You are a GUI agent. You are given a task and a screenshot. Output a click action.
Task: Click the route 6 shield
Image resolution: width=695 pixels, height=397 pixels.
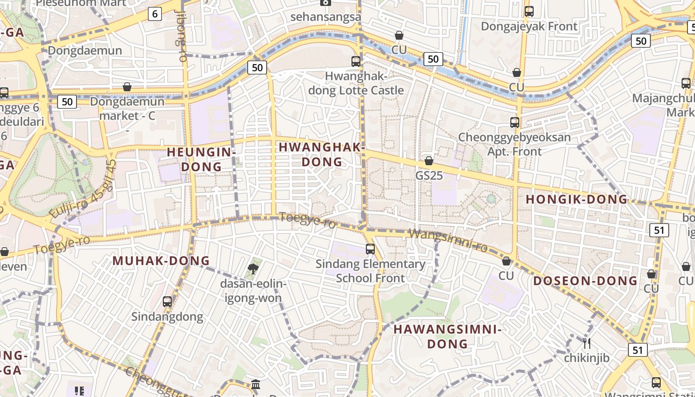[x=155, y=14]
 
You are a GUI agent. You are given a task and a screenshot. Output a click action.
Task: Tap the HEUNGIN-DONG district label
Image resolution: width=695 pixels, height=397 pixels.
[x=201, y=159]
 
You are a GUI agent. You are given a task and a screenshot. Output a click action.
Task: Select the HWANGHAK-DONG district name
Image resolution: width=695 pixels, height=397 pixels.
[x=322, y=154]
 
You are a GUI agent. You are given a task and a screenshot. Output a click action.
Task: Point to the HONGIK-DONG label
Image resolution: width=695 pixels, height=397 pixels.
[x=576, y=199]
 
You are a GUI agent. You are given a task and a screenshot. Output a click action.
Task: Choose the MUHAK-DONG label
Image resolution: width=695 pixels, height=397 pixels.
[x=161, y=261]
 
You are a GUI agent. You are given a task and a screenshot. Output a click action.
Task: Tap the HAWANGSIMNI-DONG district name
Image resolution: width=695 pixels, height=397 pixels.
[x=448, y=336]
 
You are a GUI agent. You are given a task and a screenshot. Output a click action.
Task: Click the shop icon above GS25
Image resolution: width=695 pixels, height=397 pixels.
[x=429, y=161]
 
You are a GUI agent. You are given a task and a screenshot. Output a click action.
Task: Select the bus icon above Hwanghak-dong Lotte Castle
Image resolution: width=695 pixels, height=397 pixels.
[x=356, y=62]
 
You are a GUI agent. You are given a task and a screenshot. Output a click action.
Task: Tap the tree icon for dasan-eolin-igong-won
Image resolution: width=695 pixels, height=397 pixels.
[x=253, y=269]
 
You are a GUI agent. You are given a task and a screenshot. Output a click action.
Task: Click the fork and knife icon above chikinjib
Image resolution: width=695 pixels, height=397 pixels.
[x=587, y=343]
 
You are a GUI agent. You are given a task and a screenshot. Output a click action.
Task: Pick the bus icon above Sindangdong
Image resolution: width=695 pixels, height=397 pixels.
[x=167, y=301]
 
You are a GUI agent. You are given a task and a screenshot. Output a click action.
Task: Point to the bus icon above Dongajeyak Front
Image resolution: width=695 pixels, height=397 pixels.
[x=529, y=11]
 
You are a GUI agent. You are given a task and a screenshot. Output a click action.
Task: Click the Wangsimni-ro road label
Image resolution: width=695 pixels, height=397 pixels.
[x=448, y=240]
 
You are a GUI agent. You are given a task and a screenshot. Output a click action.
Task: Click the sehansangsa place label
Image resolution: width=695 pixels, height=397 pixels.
[x=326, y=16]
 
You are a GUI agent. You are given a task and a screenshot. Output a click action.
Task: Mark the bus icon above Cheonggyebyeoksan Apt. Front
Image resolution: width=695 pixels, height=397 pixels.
[x=515, y=123]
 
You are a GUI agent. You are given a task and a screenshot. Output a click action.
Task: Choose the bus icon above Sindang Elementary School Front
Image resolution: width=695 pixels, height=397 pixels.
[x=370, y=249]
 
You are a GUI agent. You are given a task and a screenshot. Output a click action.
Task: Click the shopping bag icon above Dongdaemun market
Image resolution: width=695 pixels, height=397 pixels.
[x=127, y=87]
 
